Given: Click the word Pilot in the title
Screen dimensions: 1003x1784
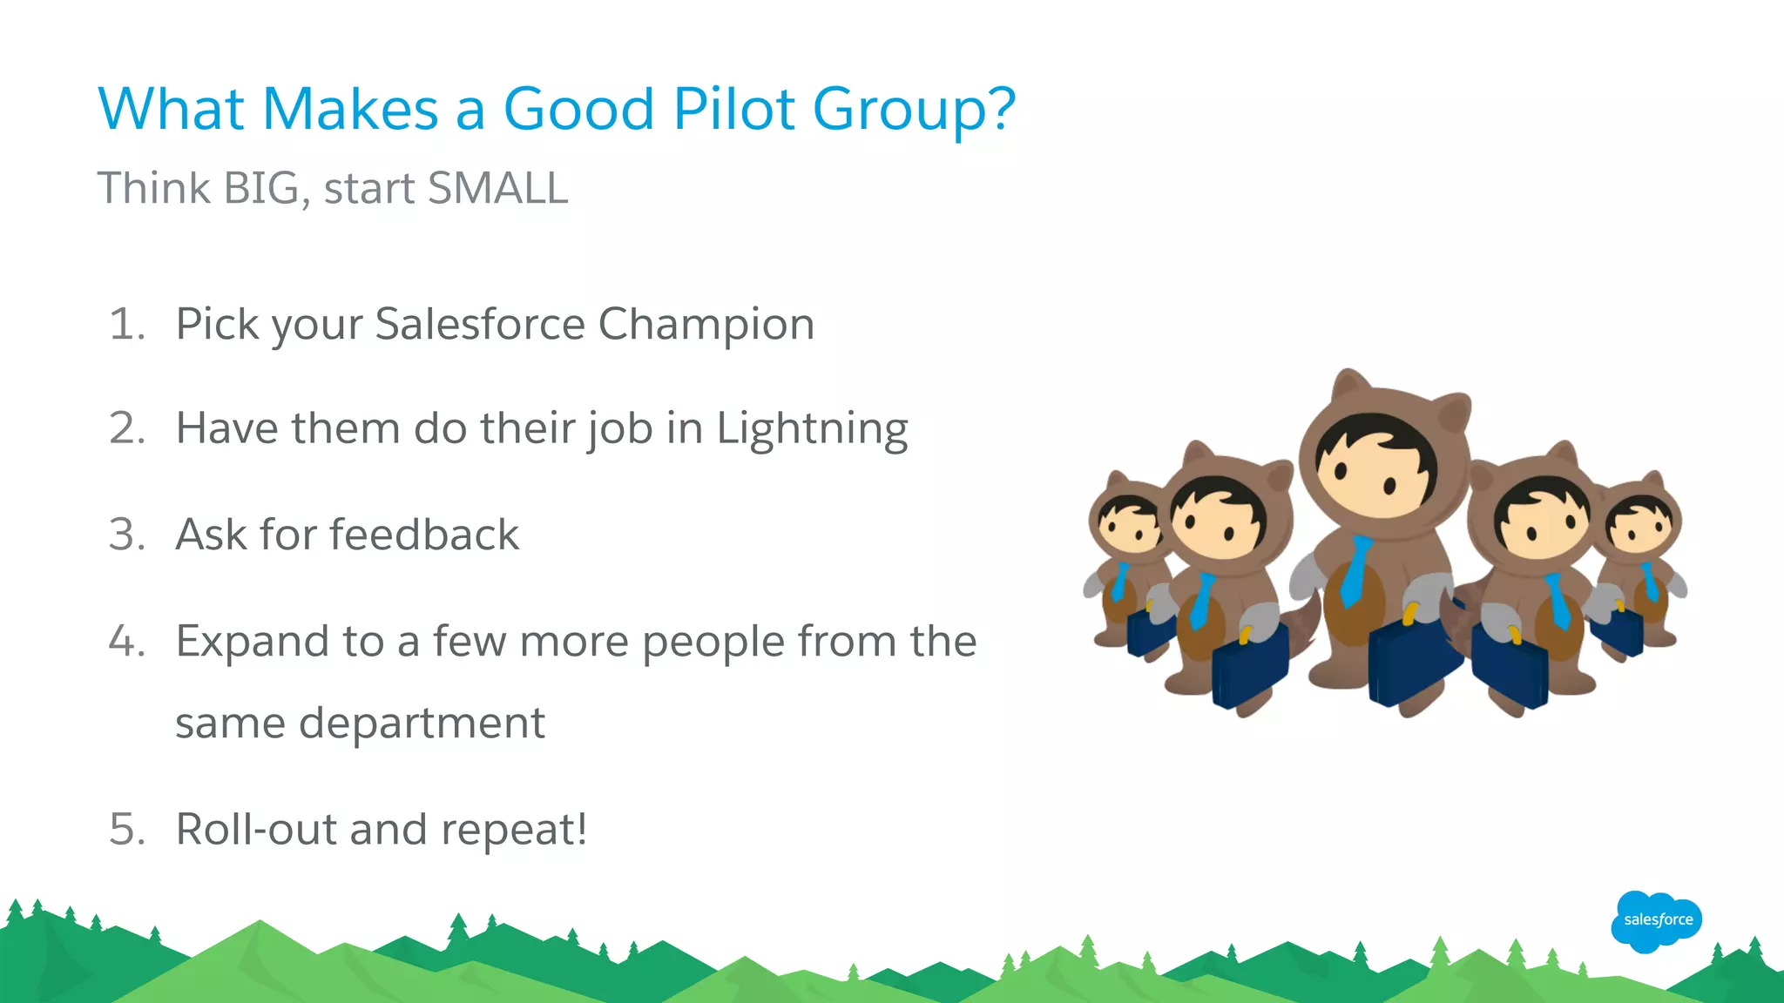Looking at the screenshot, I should [x=733, y=110].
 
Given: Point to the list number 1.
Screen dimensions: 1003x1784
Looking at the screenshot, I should [x=127, y=324].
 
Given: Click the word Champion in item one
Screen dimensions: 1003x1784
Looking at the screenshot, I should [x=706, y=325].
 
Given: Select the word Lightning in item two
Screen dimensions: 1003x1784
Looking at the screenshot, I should [x=812, y=429].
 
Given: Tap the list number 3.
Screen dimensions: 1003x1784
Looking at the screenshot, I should [x=127, y=535].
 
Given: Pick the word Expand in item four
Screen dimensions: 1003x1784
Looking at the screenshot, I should [x=248, y=643].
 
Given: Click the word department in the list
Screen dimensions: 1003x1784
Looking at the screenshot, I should [x=422, y=724].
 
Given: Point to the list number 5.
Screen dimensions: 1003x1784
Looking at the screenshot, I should [x=127, y=829].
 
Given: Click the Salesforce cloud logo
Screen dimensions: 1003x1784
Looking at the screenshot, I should [x=1657, y=920].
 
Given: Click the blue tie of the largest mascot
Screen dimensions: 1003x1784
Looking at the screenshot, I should [x=1355, y=570].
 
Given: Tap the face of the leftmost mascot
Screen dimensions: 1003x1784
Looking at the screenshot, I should [x=1129, y=525].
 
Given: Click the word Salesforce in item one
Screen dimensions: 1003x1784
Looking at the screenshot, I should [x=480, y=325].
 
